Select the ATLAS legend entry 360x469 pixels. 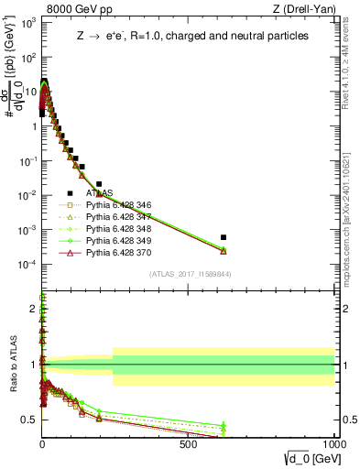click(99, 193)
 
